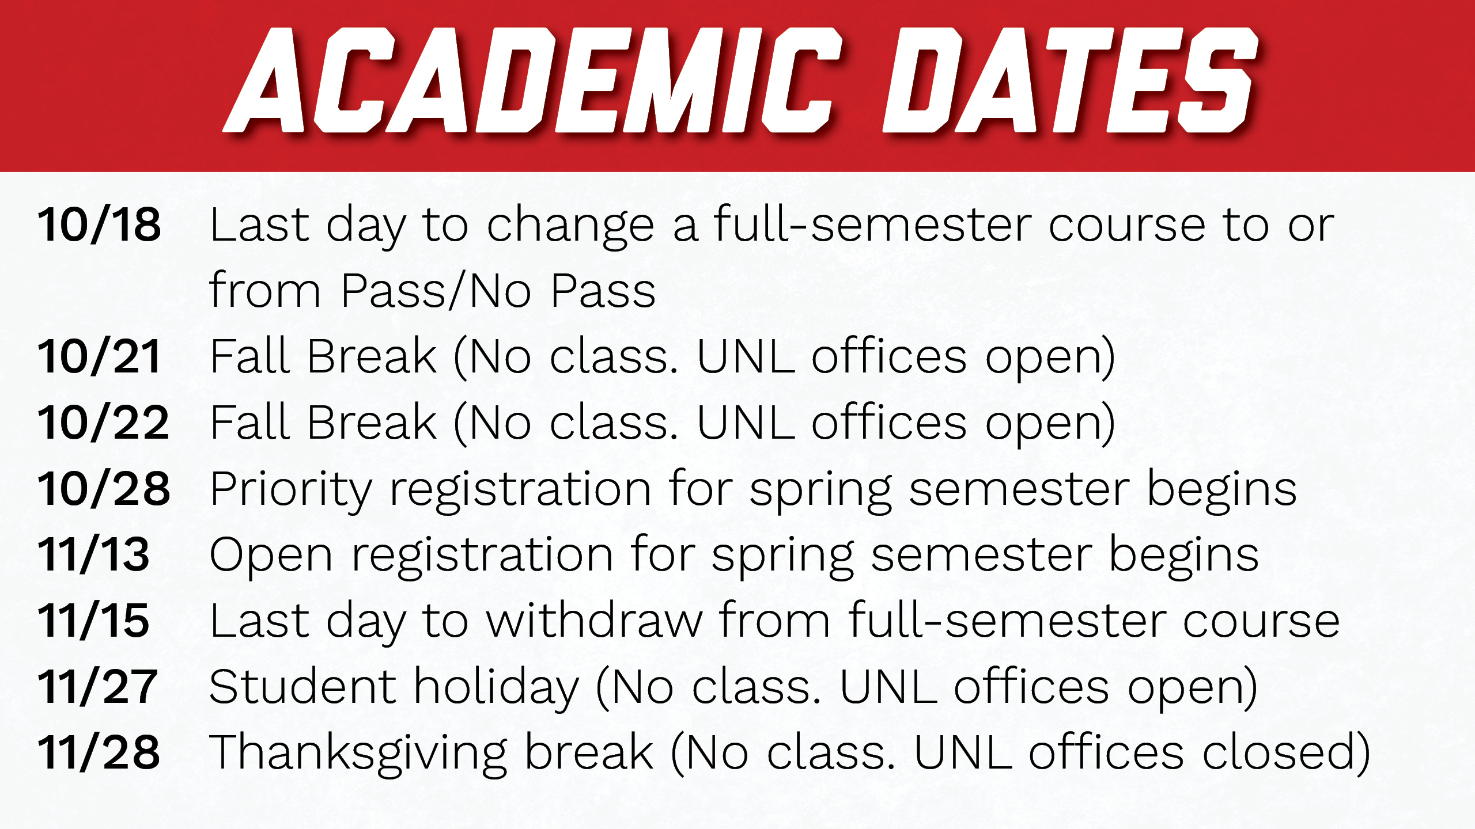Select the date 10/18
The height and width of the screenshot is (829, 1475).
99,225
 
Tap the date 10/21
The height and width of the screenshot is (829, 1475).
99,356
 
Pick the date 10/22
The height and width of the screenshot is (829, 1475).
104,423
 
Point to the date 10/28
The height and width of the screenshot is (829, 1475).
104,489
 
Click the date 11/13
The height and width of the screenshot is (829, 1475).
94,554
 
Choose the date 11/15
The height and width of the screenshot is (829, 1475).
94,621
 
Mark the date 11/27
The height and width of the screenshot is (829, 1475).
98,687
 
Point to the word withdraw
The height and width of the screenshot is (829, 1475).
595,620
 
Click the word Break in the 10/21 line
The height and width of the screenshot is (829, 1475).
372,356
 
